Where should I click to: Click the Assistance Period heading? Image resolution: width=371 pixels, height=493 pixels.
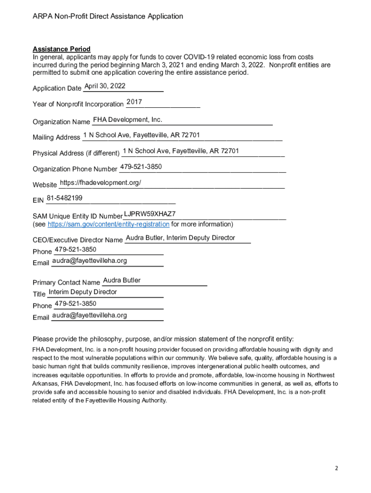pos(61,49)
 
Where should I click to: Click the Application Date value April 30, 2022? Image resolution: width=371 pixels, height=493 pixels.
pos(105,86)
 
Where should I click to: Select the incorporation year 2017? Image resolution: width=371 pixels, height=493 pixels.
pos(134,102)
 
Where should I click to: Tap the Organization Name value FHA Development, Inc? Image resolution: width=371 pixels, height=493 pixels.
pos(128,119)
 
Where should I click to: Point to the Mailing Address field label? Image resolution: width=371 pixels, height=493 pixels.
pos(56,137)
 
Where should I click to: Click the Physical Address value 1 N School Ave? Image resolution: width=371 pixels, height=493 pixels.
pos(181,151)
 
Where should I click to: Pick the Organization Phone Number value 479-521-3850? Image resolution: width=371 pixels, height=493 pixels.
pos(141,167)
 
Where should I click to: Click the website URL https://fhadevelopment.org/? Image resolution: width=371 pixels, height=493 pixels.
pos(100,183)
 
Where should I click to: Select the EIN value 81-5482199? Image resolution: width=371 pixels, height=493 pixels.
pos(65,198)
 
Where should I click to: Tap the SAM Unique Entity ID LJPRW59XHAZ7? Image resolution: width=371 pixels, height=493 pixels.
pos(149,214)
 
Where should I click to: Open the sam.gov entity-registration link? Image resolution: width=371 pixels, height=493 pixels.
pos(108,224)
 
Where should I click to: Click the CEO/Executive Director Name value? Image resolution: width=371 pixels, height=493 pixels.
pos(180,238)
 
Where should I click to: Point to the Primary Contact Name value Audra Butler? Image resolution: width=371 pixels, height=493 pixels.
pos(122,280)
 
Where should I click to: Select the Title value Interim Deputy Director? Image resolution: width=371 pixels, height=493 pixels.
pos(83,292)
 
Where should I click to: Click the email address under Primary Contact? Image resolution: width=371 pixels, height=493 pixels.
pos(90,315)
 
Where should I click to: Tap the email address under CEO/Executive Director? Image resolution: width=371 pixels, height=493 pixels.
pos(90,260)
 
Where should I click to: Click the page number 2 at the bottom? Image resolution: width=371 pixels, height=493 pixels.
pos(337,468)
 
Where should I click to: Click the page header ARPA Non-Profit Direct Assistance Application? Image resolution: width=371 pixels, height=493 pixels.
pos(108,16)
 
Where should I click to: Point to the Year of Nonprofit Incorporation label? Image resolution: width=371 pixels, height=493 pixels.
pos(78,104)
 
